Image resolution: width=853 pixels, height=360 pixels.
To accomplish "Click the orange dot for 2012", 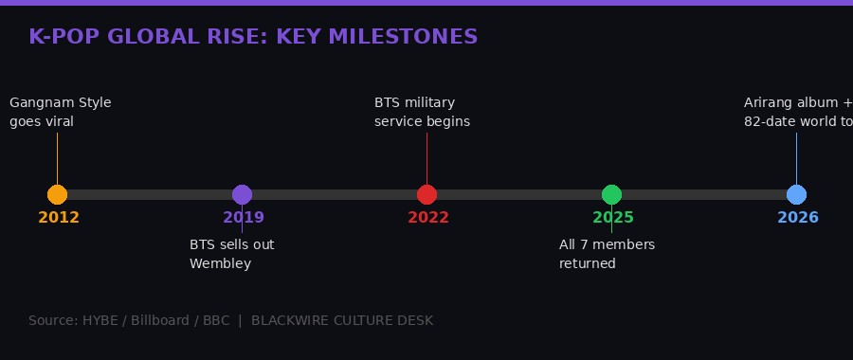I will (57, 194).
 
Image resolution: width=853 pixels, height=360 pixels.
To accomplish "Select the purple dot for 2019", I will (242, 194).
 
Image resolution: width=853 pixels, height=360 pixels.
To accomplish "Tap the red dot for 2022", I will (426, 194).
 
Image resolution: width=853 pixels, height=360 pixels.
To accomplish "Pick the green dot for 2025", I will (611, 194).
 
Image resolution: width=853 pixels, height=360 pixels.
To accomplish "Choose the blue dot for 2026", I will (796, 194).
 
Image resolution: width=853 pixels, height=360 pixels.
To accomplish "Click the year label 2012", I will (59, 218).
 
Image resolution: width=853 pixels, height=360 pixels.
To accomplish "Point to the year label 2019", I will (244, 218).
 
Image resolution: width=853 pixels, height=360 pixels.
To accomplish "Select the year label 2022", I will (428, 218).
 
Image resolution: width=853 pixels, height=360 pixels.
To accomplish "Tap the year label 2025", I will (613, 218).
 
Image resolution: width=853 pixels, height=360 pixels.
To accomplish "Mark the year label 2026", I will (798, 218).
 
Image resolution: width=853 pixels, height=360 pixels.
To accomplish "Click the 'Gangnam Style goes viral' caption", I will (60, 112).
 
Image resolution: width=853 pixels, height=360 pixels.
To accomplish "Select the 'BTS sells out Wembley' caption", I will (231, 254).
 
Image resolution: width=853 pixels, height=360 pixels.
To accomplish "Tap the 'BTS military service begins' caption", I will (422, 112).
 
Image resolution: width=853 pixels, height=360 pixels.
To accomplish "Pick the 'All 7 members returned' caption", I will (607, 254).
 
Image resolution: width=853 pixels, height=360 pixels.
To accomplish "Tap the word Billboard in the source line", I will (166, 321).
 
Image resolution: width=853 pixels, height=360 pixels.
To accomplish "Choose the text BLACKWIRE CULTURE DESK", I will (342, 321).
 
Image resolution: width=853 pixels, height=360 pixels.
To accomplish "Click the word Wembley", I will (220, 263).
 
